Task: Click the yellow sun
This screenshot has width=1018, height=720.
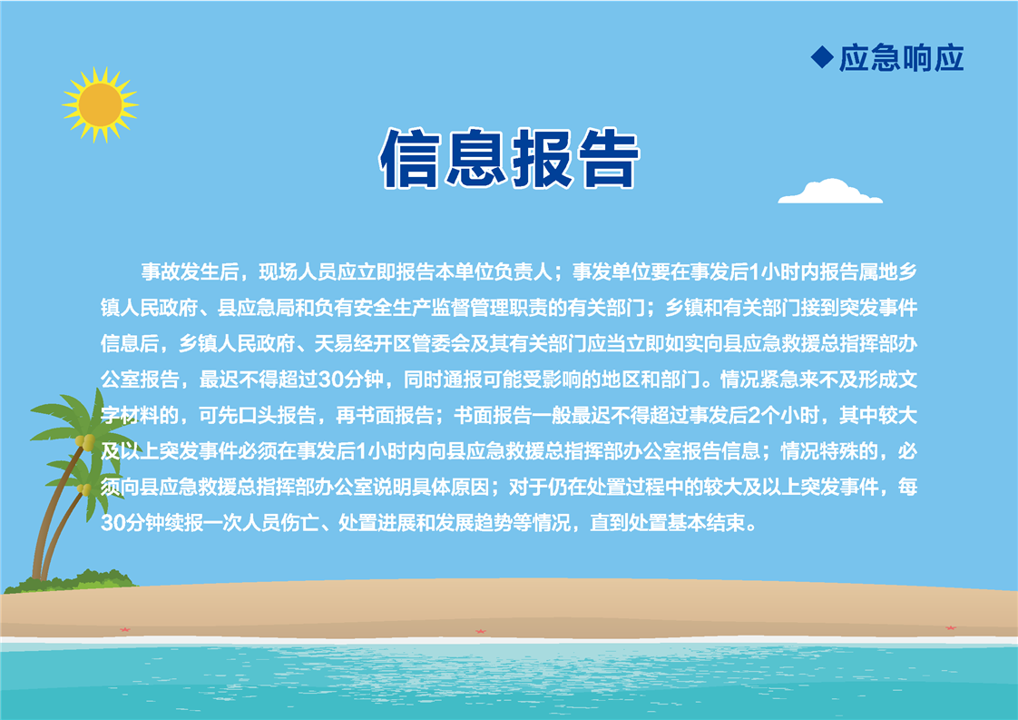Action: coord(100,104)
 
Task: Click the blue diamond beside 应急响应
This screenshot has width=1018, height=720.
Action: coord(822,57)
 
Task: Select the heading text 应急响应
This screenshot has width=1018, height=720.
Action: coord(902,58)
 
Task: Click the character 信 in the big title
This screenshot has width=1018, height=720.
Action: coord(410,158)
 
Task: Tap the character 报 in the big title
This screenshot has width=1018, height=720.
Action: coord(542,158)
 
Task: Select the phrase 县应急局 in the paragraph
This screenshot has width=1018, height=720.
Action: coord(256,308)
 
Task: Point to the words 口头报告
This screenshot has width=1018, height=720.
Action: coord(278,415)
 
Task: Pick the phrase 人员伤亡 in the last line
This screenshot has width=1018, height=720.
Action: coord(280,523)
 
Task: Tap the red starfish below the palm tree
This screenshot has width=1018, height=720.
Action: coord(125,629)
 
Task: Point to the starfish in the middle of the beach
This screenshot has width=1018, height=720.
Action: coord(481,631)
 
